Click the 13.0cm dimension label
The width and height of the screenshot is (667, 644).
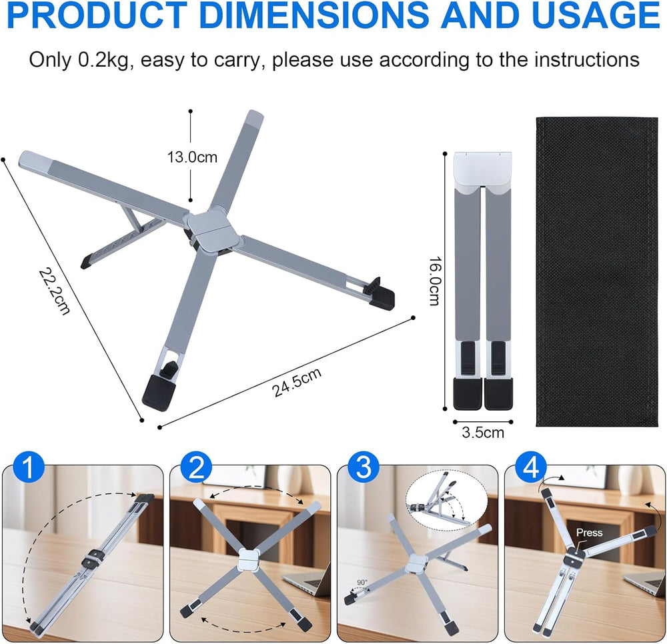coord(192,157)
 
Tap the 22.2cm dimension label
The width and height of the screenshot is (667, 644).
coord(55,291)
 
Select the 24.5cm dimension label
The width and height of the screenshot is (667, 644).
coord(297,382)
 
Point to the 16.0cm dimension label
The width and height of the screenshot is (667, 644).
coord(434,281)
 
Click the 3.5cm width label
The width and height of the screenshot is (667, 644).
coord(483,432)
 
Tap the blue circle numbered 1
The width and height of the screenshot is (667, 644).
coord(29,467)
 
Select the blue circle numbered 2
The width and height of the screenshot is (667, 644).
coord(196,467)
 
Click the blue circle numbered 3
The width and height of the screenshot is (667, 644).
coord(364,467)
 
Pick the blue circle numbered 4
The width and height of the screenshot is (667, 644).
coord(531,467)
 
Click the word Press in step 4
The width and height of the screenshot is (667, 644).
coord(589,533)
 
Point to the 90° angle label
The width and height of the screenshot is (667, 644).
coord(362,582)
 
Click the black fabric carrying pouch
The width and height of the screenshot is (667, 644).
coord(597,271)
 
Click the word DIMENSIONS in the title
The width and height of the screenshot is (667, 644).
coord(313,15)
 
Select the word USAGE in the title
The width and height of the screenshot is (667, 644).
coord(596,15)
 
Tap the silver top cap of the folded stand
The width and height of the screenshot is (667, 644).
coord(483,170)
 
